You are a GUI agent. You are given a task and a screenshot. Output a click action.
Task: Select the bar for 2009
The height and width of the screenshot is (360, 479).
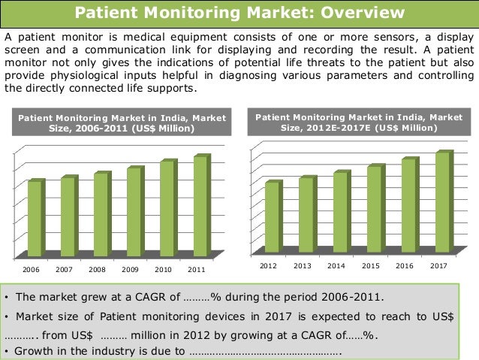pos(136,211)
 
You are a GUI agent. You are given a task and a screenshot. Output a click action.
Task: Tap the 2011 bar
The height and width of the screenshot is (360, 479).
pos(202,205)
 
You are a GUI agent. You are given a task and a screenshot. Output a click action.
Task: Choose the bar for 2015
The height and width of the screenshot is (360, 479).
pos(376,208)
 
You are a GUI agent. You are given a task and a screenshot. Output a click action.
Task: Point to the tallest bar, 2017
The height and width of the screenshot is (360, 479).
pos(444,201)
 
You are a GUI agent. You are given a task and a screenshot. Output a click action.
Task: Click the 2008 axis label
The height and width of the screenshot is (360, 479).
pos(97,270)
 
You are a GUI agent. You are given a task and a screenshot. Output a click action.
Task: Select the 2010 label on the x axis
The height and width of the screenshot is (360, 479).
pos(163,270)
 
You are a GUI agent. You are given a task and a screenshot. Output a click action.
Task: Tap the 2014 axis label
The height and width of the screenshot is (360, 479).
pos(336,266)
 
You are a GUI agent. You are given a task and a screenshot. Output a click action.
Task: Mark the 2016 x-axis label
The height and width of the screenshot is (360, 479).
pos(405,266)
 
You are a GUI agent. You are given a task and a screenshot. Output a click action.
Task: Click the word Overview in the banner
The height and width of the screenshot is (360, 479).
pos(363,13)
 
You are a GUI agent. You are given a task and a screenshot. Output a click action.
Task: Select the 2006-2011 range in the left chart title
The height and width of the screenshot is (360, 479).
pos(101,129)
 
